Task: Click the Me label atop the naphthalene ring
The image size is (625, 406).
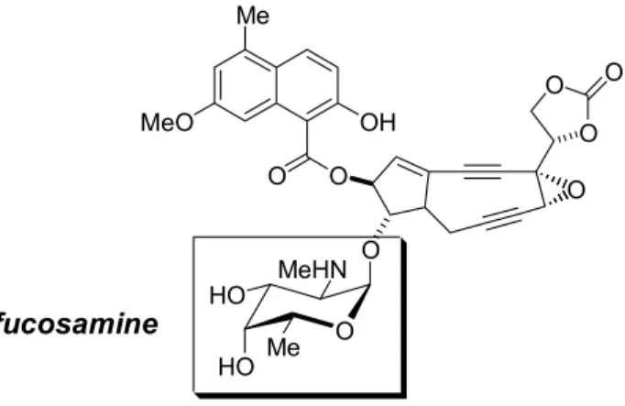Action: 253,16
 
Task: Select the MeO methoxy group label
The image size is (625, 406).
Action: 167,122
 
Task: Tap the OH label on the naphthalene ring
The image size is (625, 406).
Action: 378,122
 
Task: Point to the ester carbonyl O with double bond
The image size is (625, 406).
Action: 277,176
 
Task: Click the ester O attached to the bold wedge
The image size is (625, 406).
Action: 338,176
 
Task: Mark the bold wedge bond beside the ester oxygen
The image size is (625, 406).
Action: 361,181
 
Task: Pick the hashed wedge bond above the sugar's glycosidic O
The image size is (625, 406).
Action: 381,226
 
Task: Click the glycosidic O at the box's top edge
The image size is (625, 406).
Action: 371,250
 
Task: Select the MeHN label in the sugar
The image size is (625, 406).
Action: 312,269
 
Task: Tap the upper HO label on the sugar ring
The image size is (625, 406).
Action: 227,296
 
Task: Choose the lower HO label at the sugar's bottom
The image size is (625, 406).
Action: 236,367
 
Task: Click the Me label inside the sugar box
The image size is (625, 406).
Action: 283,347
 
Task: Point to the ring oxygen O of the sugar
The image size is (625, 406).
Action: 345,331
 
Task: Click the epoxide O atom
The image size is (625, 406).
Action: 576,190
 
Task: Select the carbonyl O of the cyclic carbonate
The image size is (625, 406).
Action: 614,73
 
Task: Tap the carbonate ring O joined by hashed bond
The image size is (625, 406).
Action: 588,133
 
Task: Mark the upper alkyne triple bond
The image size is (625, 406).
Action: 482,171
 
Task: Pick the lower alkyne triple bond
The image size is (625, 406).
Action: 500,218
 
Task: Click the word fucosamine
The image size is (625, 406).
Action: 79,324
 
